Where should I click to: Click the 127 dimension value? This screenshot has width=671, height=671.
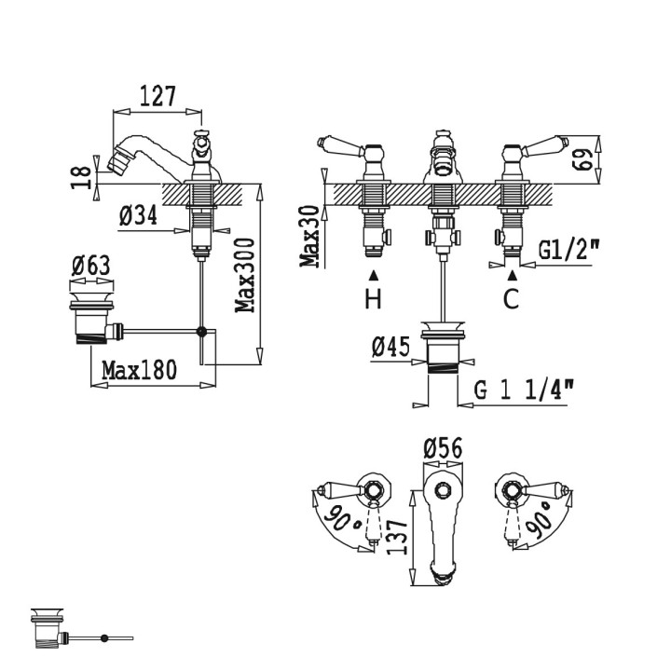point(157,96)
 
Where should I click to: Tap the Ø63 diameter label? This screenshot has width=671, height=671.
point(90,265)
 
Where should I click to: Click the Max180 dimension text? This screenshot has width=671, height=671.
point(139,371)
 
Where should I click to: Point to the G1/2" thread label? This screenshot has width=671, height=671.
point(568,249)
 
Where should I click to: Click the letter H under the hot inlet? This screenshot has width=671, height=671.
point(373,299)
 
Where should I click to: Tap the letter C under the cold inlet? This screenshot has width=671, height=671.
point(512,299)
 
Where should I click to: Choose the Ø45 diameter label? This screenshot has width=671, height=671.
point(391,348)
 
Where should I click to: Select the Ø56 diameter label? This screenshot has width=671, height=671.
point(444,448)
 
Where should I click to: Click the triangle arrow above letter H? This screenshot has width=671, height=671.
point(374,276)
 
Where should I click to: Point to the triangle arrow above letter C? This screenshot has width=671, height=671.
point(512,276)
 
